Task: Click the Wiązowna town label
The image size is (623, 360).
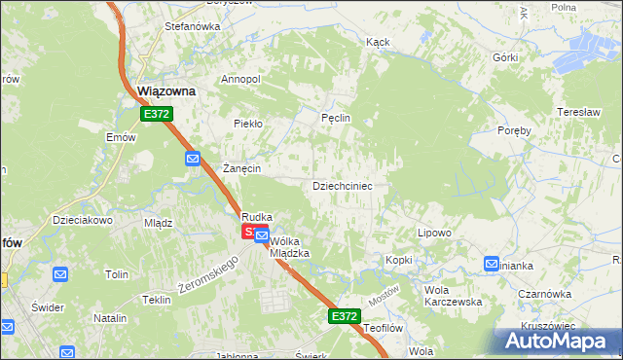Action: [x=166, y=90]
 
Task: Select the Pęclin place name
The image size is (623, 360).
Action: [x=336, y=118]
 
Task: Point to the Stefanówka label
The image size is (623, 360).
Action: [x=165, y=27]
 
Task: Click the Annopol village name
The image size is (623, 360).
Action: [x=241, y=79]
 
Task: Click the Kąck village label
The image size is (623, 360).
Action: [x=378, y=43]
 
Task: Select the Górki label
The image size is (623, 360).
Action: [x=505, y=57]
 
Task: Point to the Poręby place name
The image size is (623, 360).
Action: [x=514, y=130]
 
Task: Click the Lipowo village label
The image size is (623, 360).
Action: [x=434, y=233]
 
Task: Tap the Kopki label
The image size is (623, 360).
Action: [x=399, y=260]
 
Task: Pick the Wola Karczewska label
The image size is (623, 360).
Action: [x=454, y=296]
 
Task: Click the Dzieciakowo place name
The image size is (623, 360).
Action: [x=84, y=220]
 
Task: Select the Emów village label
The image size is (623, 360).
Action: [x=121, y=137]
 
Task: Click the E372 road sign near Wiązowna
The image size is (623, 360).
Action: [x=156, y=114]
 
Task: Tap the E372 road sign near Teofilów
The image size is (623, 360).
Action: [x=344, y=316]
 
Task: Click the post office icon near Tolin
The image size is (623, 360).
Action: [x=59, y=275]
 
